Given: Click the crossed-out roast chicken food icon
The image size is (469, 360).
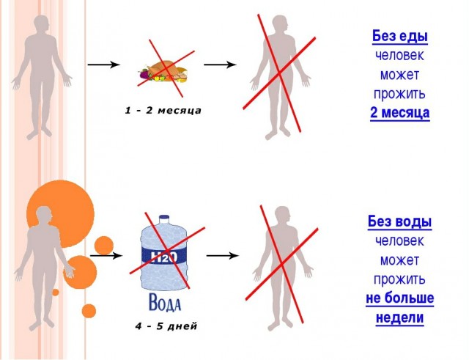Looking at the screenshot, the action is coord(163,71).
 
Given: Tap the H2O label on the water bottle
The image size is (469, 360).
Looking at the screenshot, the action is coord(164,257).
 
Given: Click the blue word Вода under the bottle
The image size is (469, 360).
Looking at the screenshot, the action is coord(165,302).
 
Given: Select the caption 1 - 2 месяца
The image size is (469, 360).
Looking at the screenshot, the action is coord(163,111).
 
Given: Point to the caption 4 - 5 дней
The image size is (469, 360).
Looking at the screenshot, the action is coord(166,326).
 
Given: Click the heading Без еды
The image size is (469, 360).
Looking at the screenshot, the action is coord(400,37).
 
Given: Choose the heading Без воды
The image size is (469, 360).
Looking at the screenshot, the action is coord(399,221).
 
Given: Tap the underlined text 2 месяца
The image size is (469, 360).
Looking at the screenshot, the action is coord(400,113).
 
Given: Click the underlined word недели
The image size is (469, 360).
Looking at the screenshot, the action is coord(399,317).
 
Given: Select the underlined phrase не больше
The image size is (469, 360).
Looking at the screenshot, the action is coord(400,298).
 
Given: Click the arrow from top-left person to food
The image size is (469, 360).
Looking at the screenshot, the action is coord(104,65).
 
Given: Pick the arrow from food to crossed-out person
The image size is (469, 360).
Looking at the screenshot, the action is coord(220,65).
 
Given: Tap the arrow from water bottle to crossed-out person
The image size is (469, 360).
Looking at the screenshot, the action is coord(223,256).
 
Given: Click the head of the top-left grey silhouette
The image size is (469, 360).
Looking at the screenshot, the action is coord(41,24).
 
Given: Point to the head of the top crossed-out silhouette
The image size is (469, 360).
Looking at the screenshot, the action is coord(279,24).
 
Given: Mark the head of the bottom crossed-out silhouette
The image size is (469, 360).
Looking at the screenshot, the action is coord(282,216).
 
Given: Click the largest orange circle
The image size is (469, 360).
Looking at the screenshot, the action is coord(60,214).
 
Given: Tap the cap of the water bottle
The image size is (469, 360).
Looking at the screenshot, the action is coord(164,219).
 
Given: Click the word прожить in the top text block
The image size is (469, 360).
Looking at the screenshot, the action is coord(399,95).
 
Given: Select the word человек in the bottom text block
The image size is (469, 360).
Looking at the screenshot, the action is coord(399,241).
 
